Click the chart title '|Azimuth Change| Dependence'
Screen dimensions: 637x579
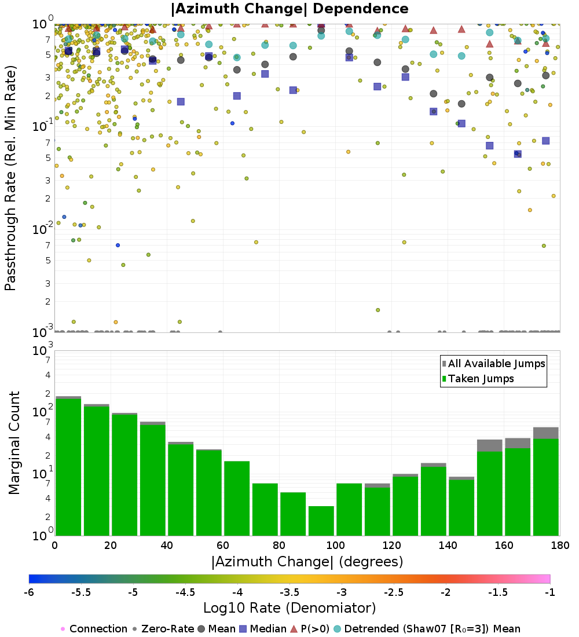(x=289, y=9)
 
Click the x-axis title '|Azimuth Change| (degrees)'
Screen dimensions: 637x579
(x=307, y=562)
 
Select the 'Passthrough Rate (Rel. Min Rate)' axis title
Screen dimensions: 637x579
(x=10, y=177)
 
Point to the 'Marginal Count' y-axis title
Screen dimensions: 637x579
(x=14, y=443)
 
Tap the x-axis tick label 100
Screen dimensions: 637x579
(x=335, y=546)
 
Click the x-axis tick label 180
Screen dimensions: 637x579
(x=559, y=546)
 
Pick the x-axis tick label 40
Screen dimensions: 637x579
(x=167, y=546)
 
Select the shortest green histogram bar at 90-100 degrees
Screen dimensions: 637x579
(x=321, y=521)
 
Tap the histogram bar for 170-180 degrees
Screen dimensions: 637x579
(x=545, y=486)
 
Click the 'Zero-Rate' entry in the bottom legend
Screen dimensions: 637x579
(x=163, y=629)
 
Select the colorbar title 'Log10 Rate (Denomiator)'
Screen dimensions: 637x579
(x=289, y=609)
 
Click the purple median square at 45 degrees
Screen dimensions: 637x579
(x=181, y=101)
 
